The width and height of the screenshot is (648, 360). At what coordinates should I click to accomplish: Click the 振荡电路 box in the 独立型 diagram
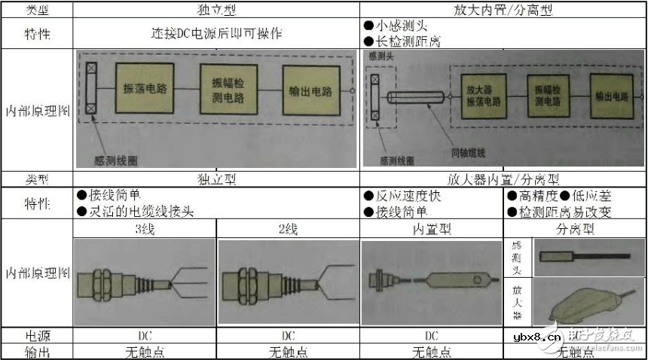point(145,89)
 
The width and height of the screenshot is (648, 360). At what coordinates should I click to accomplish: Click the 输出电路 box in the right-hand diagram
point(613,96)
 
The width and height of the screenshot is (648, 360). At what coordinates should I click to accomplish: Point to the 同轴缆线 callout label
point(469,153)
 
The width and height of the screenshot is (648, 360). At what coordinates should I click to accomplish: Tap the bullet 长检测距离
point(400,41)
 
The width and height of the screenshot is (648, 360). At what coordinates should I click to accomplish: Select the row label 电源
point(36,336)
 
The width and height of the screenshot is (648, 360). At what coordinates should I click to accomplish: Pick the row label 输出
point(36,352)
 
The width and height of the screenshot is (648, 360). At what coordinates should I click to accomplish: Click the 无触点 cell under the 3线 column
point(145,352)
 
